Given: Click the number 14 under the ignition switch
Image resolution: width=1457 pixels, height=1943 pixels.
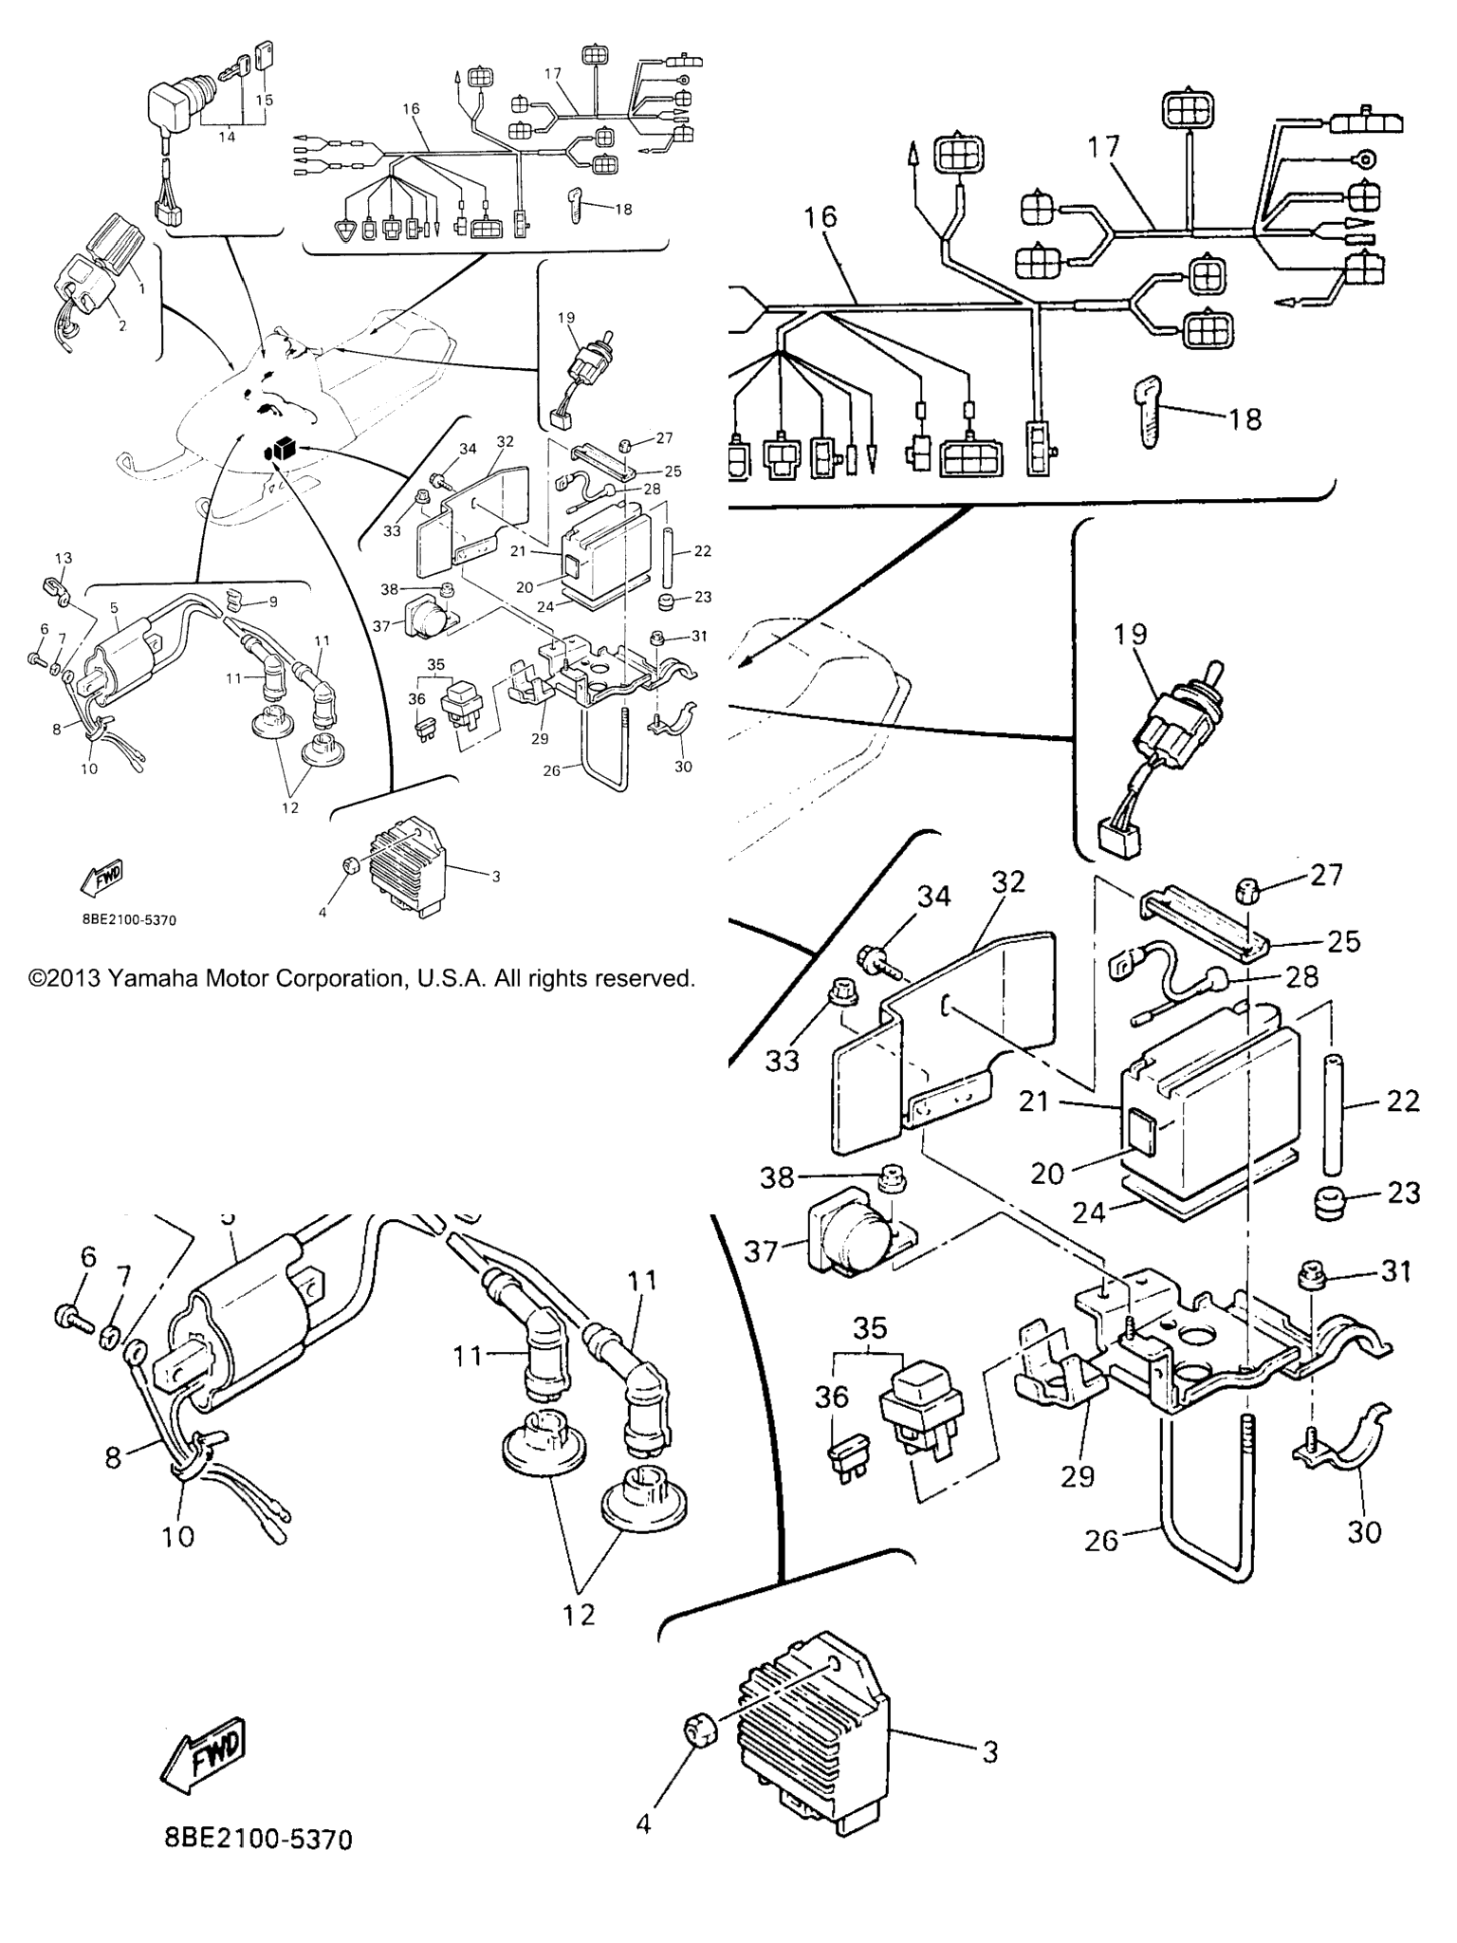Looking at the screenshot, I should [227, 137].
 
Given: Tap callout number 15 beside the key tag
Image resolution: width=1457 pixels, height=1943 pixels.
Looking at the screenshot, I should [265, 100].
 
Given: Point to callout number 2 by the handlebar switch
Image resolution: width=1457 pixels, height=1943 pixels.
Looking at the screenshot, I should [121, 325].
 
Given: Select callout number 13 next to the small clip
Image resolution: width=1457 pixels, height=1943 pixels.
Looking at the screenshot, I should [63, 558].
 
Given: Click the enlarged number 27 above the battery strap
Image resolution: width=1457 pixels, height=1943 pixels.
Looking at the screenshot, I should [1326, 874].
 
